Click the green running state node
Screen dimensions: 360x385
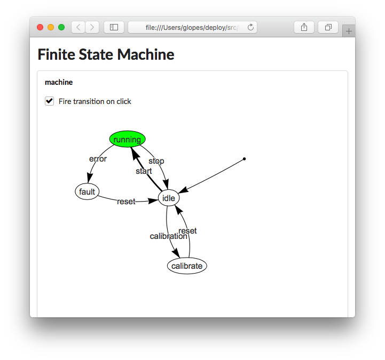tap(127, 139)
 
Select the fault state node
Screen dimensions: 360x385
tap(87, 192)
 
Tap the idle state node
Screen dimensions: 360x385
tap(169, 198)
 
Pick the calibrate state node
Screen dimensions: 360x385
tap(187, 266)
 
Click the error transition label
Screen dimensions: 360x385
tap(98, 159)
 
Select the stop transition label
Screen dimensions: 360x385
tap(156, 161)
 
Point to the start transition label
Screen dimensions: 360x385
tap(144, 171)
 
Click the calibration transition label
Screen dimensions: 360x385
tap(168, 236)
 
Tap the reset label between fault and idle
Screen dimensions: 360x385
tap(126, 202)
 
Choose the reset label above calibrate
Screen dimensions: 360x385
tap(187, 231)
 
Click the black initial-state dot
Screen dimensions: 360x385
tap(244, 159)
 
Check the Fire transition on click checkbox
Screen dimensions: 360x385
tap(50, 101)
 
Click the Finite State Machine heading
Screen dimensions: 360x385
tap(106, 54)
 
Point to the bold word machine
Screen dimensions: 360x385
tap(59, 83)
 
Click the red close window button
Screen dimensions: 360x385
tap(40, 27)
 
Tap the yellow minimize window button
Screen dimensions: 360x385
tap(51, 27)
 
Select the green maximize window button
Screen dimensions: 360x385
tap(61, 27)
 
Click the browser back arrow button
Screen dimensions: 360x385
tap(78, 27)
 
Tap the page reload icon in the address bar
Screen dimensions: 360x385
tap(250, 27)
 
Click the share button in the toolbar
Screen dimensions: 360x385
tap(304, 27)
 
